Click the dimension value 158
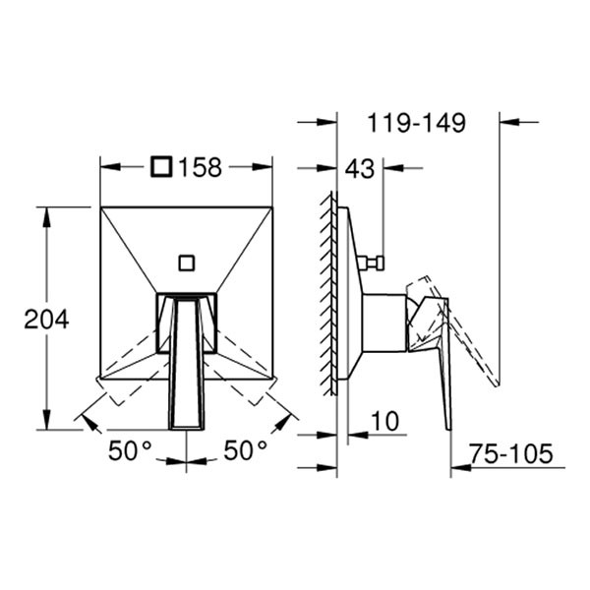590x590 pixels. click(x=200, y=168)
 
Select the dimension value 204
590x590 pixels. click(x=46, y=319)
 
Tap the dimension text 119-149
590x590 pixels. click(x=416, y=123)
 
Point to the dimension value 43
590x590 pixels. click(x=360, y=169)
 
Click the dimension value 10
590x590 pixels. click(x=385, y=422)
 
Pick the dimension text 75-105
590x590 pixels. click(x=511, y=454)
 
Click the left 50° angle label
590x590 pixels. click(x=130, y=451)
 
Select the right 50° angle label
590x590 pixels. click(x=245, y=451)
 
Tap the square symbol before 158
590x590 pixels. click(x=161, y=168)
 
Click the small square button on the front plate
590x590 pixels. click(x=186, y=262)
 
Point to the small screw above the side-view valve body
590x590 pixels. click(x=373, y=263)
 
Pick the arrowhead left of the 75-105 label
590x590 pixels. click(x=458, y=469)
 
